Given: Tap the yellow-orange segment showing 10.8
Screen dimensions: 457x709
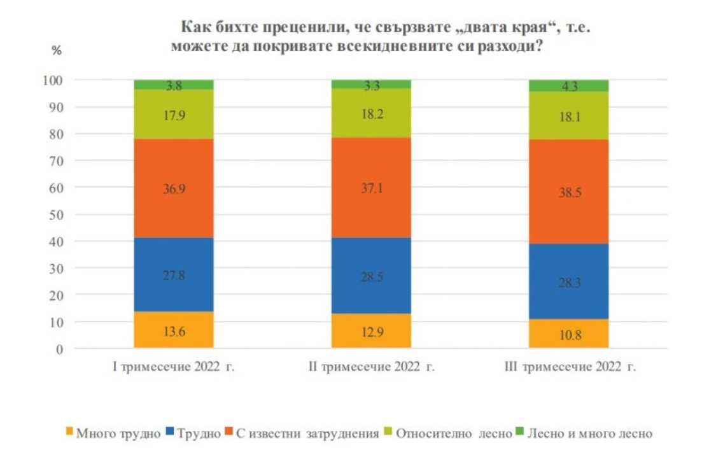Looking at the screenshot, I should pos(570,333).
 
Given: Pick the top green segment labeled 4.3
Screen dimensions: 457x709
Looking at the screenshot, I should pos(570,86).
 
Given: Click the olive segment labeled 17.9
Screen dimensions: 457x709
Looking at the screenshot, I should pos(173,114).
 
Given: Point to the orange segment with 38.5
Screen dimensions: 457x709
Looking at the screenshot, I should pos(570,191).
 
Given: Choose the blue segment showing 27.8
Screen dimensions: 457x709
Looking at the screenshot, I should pos(173,275).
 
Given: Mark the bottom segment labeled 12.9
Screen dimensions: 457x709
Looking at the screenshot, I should pos(372,331).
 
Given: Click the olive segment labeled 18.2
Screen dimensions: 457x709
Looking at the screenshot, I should pos(372,113).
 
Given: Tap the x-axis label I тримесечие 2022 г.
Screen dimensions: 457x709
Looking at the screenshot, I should pos(174,367).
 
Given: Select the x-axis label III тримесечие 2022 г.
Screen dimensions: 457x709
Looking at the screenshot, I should pos(570,367).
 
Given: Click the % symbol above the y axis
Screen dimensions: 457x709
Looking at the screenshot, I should pos(57,51).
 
